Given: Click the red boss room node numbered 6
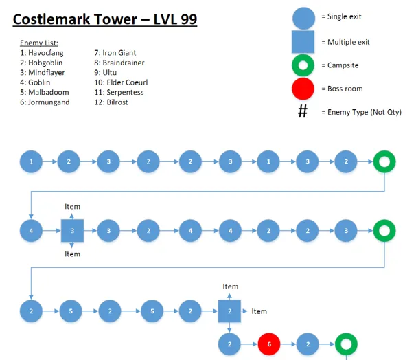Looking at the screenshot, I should pos(270,344).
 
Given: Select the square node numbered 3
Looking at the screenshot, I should pos(72,231).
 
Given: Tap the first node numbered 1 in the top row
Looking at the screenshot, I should pos(32,163).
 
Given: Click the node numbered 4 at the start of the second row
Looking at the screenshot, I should pos(32,231).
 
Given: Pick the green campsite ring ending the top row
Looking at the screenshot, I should pos(384,163).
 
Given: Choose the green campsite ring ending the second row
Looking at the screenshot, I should pos(384,231).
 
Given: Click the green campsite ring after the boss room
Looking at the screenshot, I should pos(345,344).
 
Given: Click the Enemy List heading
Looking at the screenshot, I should pos(39,43).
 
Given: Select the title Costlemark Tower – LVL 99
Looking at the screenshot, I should pos(105,19).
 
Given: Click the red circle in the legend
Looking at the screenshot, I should pos(303,89).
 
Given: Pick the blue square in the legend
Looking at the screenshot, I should pos(303,42).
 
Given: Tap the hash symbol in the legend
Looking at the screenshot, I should pos(303,112).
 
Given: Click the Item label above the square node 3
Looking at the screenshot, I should pos(72,206).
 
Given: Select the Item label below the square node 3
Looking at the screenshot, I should pos(72,254).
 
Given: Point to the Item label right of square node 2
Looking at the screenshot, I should pos(259,311).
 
